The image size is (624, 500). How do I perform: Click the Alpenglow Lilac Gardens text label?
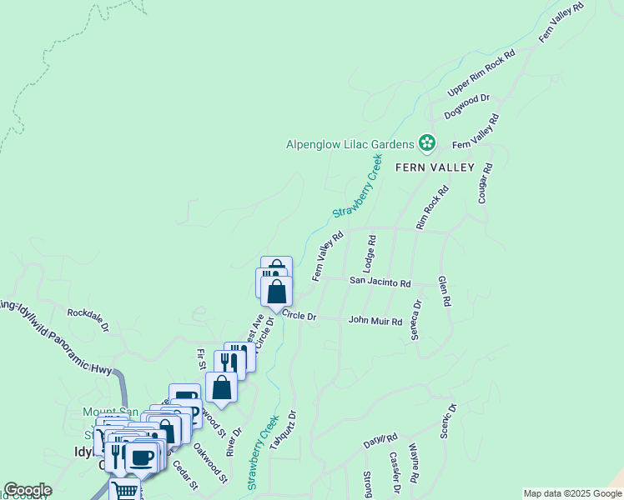coord(350,144)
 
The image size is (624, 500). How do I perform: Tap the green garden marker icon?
coord(427,144)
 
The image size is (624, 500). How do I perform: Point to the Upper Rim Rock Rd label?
coord(481,72)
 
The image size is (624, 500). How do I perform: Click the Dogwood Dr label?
coord(466,106)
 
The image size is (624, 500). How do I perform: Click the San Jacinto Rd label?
coord(380,283)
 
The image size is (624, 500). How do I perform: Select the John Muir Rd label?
coord(375,320)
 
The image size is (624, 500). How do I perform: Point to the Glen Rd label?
coord(445,292)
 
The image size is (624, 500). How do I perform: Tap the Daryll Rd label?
coord(380,441)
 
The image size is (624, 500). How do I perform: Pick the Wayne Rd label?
coord(415,459)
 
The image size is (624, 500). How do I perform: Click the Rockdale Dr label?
coord(88,322)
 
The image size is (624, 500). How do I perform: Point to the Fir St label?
coord(201,359)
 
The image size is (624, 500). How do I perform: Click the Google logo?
coord(28,490)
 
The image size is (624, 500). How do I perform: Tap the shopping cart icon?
coord(125,490)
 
